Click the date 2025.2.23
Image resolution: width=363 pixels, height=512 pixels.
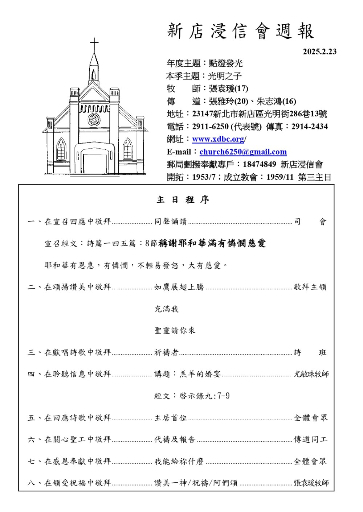(319, 51)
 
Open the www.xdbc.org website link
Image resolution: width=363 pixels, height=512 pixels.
(218, 139)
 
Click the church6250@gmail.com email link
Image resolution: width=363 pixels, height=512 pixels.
(243, 152)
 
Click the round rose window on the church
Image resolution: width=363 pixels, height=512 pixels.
(94, 120)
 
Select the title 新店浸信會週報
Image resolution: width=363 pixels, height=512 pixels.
(240, 31)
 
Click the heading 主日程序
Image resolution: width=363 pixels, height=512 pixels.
(183, 200)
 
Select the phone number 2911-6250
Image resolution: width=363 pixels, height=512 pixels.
(210, 127)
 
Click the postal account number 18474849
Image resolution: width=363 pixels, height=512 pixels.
(259, 165)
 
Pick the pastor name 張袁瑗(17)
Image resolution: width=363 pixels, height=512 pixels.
(228, 89)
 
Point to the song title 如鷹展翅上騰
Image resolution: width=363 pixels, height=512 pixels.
(179, 287)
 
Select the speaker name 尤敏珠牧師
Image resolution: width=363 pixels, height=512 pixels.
(311, 374)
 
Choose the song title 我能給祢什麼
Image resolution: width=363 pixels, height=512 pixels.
(179, 462)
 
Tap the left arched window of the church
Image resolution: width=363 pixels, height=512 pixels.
(61, 149)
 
